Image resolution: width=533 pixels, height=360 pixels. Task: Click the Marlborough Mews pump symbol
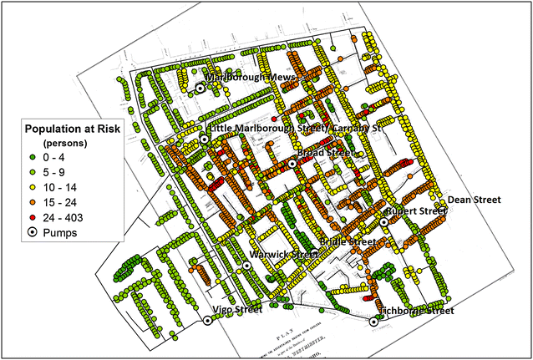coord(201,87)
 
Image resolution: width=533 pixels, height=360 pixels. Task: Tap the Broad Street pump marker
coord(292,164)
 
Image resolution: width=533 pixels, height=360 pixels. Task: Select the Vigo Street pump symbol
coord(207,320)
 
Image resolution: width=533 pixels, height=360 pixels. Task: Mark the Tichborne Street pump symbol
coord(373,322)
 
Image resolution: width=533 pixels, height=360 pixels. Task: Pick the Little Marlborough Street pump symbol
coord(205,139)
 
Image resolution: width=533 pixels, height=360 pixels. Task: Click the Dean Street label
coord(474,200)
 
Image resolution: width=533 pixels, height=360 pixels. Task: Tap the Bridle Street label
coord(348,241)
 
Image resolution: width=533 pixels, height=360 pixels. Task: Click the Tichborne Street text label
coord(417,312)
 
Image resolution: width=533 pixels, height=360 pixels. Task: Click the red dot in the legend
coord(33,218)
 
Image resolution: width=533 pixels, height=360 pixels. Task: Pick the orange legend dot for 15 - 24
coord(33,203)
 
